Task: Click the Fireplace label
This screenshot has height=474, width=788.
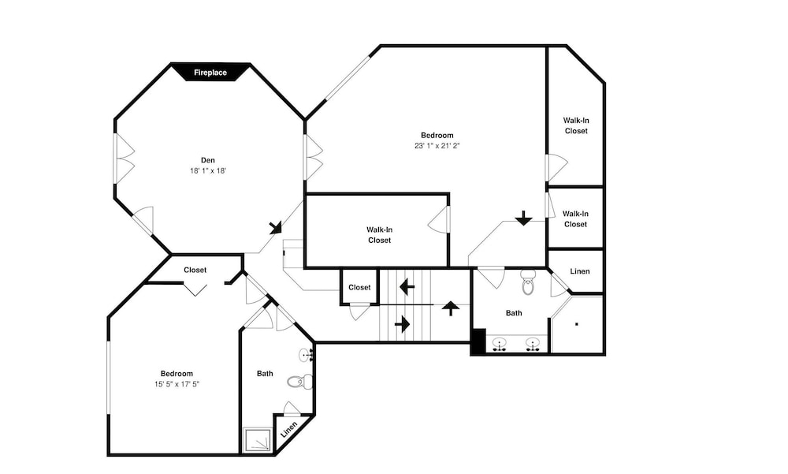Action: (x=210, y=73)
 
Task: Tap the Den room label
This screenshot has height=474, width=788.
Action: (x=208, y=160)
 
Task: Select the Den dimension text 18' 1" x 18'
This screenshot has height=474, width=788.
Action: (x=208, y=170)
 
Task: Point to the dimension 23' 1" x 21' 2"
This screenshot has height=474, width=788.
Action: (x=437, y=146)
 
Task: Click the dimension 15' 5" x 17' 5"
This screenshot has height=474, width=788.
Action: (x=177, y=384)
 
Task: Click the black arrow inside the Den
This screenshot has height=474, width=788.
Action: (x=275, y=227)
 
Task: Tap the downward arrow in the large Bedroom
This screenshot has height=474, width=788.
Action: (x=524, y=218)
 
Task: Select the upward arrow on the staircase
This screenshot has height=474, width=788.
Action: (x=451, y=308)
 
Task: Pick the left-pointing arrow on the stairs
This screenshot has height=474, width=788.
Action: (x=407, y=287)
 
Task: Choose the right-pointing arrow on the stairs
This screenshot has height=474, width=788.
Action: (x=403, y=324)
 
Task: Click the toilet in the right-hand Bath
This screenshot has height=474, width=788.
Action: (x=528, y=282)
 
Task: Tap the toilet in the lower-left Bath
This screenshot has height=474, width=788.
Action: (x=299, y=382)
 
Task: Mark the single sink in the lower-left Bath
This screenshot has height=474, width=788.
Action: (x=307, y=355)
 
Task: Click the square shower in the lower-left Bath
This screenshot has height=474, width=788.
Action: (x=258, y=440)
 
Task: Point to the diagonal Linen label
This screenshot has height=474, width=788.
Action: (x=289, y=430)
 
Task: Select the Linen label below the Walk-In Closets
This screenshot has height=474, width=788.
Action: (x=580, y=271)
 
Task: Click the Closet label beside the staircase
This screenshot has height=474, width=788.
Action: (x=359, y=287)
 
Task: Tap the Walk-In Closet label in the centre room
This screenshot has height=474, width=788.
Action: (x=380, y=235)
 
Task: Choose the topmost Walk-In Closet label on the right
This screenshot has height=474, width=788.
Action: (x=576, y=125)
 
